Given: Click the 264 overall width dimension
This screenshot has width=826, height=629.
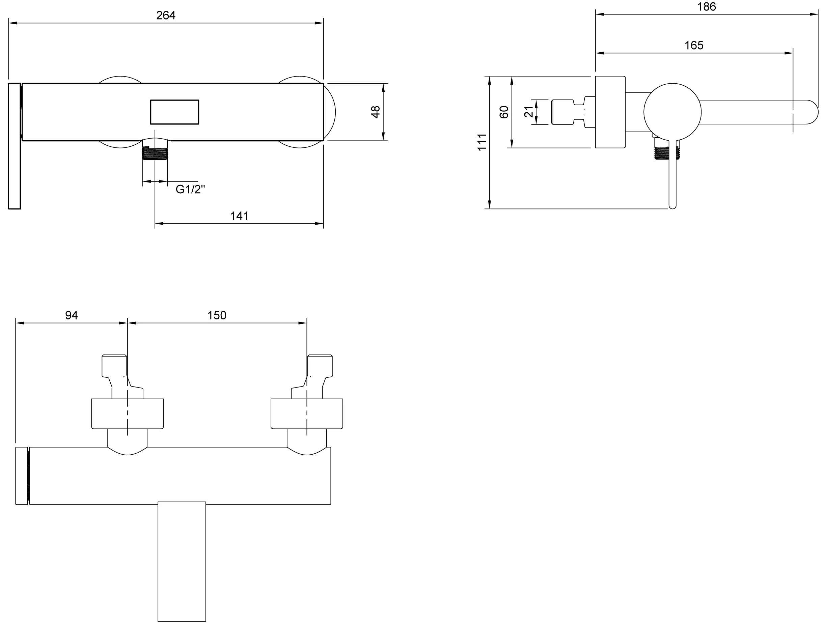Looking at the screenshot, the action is tap(166, 16).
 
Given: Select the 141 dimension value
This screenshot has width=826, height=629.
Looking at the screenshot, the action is tap(239, 216).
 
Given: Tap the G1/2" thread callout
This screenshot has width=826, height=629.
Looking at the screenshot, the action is tap(190, 190).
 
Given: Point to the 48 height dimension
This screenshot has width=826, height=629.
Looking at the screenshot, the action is tap(375, 112).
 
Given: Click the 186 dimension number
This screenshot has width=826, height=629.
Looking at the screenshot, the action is tap(707, 7).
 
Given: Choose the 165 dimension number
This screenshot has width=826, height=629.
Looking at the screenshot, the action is tap(694, 45).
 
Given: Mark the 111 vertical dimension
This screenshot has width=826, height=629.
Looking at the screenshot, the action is tap(482, 142).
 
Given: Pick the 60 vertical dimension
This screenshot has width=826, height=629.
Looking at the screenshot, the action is tap(504, 112).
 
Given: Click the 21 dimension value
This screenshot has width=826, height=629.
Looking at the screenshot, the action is tap(528, 112).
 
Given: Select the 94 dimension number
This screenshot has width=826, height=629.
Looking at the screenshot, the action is tap(72, 315).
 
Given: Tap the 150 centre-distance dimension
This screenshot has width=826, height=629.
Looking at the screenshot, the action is tap(217, 315).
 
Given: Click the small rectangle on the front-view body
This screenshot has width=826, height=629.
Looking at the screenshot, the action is tap(174, 112).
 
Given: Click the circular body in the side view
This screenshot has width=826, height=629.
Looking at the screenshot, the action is tap(672, 112).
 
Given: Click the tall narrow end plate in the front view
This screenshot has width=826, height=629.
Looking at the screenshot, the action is tap(14, 146).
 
